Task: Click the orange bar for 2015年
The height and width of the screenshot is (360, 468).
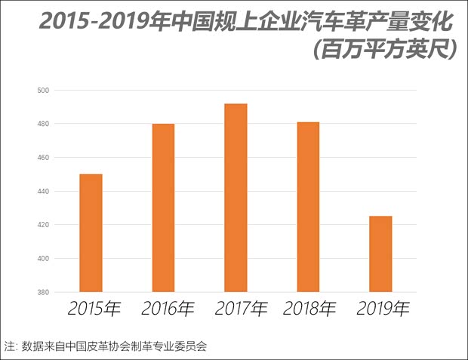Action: click(x=91, y=232)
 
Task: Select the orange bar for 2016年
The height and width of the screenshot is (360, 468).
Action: click(x=163, y=208)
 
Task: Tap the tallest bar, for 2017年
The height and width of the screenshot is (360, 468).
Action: click(x=236, y=198)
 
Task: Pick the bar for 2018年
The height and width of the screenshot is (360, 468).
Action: click(x=308, y=207)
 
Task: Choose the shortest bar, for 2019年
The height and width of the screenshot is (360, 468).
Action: click(x=380, y=254)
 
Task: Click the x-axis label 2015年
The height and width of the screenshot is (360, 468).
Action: click(x=94, y=309)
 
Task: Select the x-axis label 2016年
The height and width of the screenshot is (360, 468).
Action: click(x=167, y=309)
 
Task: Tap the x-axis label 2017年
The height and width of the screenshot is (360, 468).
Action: click(x=241, y=309)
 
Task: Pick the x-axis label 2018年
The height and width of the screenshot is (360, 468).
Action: click(x=309, y=309)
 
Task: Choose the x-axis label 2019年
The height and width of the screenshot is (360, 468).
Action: click(x=383, y=309)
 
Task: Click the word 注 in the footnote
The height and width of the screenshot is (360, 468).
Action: click(x=10, y=346)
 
